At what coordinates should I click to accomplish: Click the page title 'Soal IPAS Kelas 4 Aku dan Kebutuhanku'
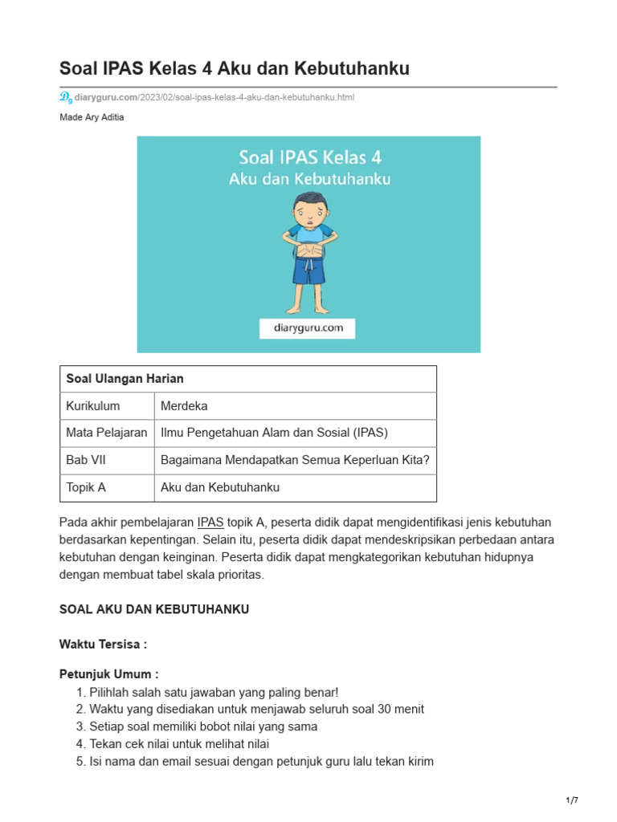235,69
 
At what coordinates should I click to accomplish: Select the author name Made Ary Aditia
92,117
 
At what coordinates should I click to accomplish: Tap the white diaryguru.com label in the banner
307,328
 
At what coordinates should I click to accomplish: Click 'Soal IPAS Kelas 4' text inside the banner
308,156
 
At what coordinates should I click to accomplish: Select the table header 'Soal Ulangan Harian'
125,379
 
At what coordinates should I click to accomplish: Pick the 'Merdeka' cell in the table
184,406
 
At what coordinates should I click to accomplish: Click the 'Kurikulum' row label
93,406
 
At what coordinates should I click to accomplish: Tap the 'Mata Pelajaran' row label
107,433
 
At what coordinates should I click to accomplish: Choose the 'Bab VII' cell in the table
84,460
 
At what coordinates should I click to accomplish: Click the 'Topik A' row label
86,487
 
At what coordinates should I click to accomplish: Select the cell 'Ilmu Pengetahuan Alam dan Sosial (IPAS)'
274,433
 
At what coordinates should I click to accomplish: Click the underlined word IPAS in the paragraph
210,522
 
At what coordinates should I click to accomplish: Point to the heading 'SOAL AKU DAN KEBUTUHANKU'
154,609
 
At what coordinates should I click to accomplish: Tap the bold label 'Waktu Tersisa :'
103,644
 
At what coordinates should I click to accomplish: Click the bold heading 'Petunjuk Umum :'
108,674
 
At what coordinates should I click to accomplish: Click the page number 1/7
572,800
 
